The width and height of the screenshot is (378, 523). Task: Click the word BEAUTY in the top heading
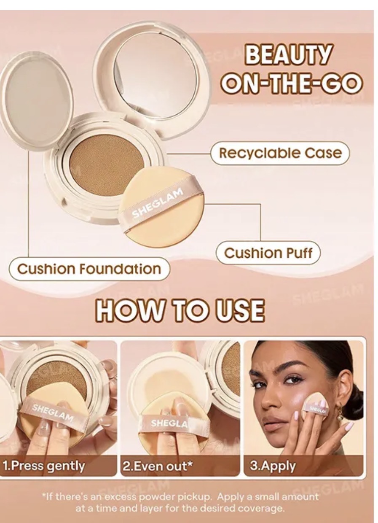coord(287,55)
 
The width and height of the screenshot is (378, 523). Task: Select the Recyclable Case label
coord(280,154)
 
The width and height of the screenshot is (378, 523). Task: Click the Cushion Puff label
coord(268,253)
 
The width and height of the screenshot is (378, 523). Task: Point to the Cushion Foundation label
coord(89,269)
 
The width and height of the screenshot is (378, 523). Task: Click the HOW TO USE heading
coord(180,311)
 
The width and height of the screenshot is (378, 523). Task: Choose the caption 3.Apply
coord(273,466)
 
